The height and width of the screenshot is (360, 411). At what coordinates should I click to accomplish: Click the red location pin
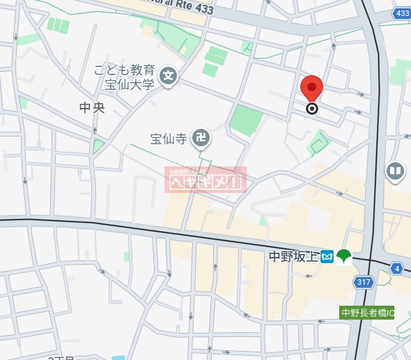click(x=311, y=89)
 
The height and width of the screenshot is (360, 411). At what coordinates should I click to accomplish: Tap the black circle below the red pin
click(x=312, y=108)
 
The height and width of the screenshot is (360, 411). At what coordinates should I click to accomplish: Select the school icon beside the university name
click(x=168, y=76)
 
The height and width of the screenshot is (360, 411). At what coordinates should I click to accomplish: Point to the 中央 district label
click(x=91, y=108)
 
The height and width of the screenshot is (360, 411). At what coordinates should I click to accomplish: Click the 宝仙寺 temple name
click(x=169, y=138)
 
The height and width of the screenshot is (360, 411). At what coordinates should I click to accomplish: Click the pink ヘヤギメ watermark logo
click(x=205, y=180)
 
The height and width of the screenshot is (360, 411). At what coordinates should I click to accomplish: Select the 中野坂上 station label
click(x=293, y=257)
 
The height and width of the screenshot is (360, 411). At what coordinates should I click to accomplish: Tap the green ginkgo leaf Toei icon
click(x=343, y=257)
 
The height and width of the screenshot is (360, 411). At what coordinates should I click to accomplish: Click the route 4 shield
click(x=397, y=267)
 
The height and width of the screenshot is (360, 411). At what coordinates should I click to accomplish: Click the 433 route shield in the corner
click(x=401, y=13)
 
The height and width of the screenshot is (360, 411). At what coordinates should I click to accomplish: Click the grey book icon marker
click(x=396, y=171)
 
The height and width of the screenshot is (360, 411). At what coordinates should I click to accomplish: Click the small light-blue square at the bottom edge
click(x=118, y=357)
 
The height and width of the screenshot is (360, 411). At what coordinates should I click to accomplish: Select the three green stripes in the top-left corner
click(x=59, y=26)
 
